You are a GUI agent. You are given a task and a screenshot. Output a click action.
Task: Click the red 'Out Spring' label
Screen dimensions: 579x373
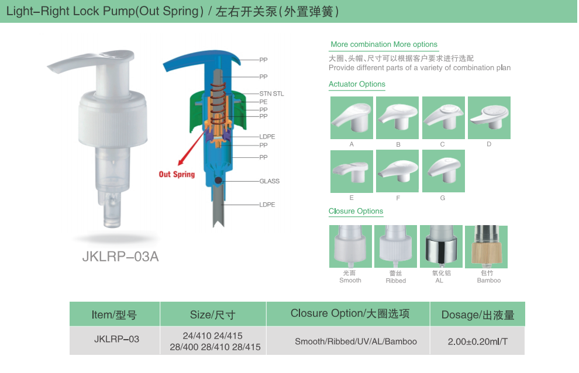pos(177,174)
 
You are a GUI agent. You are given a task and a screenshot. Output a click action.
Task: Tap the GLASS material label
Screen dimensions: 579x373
pos(269,181)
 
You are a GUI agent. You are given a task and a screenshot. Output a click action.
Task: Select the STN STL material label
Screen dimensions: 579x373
pos(271,94)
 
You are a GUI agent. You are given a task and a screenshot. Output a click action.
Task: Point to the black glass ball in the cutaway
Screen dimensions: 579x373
pos(218,180)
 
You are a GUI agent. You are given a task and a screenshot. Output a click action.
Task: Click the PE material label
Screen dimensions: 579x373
pos(263,102)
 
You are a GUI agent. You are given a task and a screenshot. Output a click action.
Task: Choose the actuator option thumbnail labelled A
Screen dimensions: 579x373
pos(351,118)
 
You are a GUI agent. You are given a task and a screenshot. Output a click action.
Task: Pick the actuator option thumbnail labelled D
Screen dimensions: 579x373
pos(489,118)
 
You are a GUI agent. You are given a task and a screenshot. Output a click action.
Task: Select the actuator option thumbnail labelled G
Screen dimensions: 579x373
pos(443,171)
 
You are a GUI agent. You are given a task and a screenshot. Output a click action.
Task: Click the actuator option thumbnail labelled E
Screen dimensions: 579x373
pos(351,171)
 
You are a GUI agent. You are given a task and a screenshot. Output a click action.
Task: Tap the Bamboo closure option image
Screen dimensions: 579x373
pos(486,247)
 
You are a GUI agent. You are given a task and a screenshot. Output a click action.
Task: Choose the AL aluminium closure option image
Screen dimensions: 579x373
pos(441,246)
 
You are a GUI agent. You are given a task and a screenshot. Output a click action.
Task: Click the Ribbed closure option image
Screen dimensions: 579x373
pos(395,246)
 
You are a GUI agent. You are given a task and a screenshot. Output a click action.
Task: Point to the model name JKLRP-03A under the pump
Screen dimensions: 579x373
pos(120,256)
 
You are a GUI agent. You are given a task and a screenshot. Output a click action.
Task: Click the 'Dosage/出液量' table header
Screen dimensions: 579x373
pos(477,315)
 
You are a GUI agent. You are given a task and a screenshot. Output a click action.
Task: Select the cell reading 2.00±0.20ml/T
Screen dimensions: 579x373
pos(477,341)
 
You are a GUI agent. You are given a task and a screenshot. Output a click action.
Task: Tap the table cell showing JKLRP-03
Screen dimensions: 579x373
pos(116,339)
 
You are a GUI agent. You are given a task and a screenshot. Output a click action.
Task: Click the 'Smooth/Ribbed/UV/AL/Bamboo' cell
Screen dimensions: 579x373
pos(356,341)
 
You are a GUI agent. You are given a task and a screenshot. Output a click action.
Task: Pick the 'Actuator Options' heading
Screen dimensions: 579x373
pos(357,84)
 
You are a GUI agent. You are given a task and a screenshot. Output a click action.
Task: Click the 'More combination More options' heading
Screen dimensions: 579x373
pos(384,44)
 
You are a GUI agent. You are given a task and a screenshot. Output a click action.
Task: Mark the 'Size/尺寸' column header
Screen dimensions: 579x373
pos(213,315)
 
